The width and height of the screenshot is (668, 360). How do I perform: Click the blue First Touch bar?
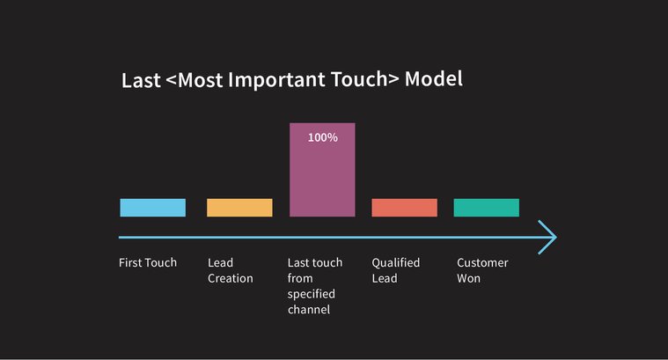(152, 208)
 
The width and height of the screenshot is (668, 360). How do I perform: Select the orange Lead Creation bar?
(239, 208)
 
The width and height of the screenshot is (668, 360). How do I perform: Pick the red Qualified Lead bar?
(404, 208)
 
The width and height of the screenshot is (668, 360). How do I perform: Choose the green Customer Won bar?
(486, 208)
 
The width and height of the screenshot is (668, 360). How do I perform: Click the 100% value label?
(322, 137)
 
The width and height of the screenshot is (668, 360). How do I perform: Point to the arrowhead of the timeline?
(549, 238)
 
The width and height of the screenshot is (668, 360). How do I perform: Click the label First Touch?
(148, 262)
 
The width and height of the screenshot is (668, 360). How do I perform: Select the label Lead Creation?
(230, 270)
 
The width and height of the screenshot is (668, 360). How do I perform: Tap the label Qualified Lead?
(395, 270)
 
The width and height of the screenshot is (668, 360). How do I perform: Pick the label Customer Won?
(482, 270)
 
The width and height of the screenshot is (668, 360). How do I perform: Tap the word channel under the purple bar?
(309, 310)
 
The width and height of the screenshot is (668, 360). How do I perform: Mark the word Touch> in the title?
(363, 79)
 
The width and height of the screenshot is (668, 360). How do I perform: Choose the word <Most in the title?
(191, 80)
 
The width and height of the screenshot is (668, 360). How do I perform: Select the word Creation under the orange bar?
(230, 278)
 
